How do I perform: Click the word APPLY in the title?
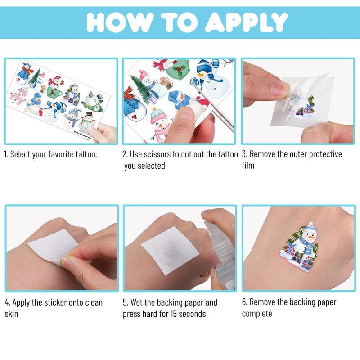point(246,22)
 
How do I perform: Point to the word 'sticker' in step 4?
point(55,302)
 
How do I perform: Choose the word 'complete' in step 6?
point(257,314)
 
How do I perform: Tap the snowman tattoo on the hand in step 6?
point(299,246)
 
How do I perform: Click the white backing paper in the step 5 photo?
point(170,250)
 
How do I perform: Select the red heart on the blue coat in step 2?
point(134,117)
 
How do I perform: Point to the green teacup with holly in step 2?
point(177,69)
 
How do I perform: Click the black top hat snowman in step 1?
point(87,123)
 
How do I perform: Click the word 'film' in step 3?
point(248,165)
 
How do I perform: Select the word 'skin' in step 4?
point(11,314)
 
